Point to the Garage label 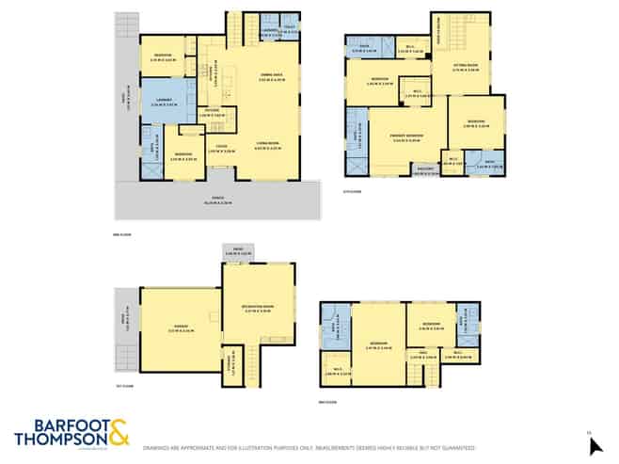[176, 328]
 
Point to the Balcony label [425, 171]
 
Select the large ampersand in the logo [121, 434]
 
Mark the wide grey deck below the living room [216, 200]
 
